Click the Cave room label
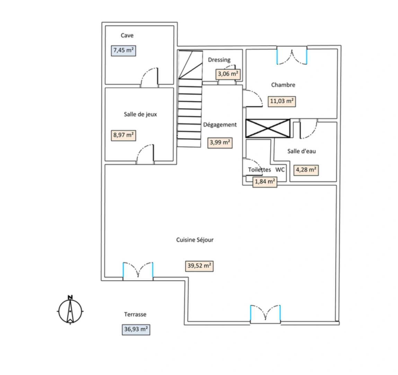pyautogui.click(x=127, y=35)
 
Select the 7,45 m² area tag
pyautogui.click(x=123, y=50)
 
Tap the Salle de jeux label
pyautogui.click(x=140, y=114)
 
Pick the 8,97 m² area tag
pyautogui.click(x=124, y=135)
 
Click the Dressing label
pyautogui.click(x=219, y=60)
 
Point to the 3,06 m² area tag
pyautogui.click(x=228, y=74)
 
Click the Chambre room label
pyautogui.click(x=283, y=85)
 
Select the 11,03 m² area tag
pyautogui.click(x=282, y=101)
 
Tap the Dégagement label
pyautogui.click(x=220, y=125)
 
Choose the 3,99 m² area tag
pyautogui.click(x=220, y=142)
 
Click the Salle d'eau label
pyautogui.click(x=301, y=151)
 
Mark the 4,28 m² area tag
pyautogui.click(x=306, y=170)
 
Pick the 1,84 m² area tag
pyautogui.click(x=265, y=181)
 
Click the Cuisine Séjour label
pyautogui.click(x=195, y=240)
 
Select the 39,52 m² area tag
pyautogui.click(x=200, y=266)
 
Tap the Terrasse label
pyautogui.click(x=135, y=315)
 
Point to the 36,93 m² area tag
pyautogui.click(x=136, y=329)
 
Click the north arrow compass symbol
pyautogui.click(x=70, y=309)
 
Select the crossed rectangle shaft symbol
pyautogui.click(x=267, y=128)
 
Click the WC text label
pyautogui.click(x=280, y=170)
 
